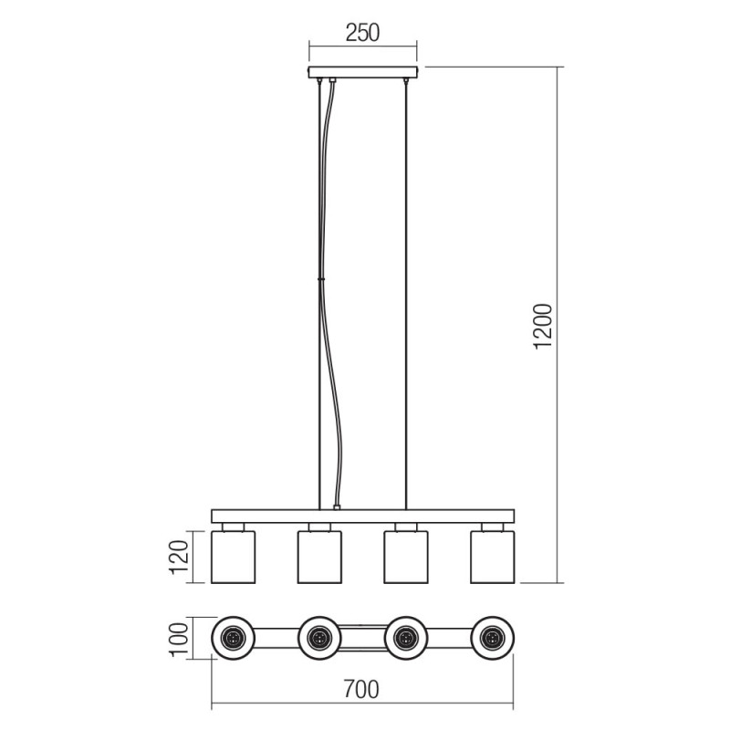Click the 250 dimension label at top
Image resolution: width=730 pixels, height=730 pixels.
point(362,33)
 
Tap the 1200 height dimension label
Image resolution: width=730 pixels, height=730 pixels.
point(543,326)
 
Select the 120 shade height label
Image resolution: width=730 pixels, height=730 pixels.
point(180,557)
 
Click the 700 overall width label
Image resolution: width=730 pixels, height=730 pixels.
point(361,690)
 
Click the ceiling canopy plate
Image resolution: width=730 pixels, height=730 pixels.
point(363,72)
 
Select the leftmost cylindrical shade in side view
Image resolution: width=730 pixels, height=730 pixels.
point(234,557)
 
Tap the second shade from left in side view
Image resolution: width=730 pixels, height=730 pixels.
point(319,557)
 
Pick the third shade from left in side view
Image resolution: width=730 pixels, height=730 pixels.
point(406,557)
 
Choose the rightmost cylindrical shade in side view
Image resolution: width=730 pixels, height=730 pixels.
point(493,557)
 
